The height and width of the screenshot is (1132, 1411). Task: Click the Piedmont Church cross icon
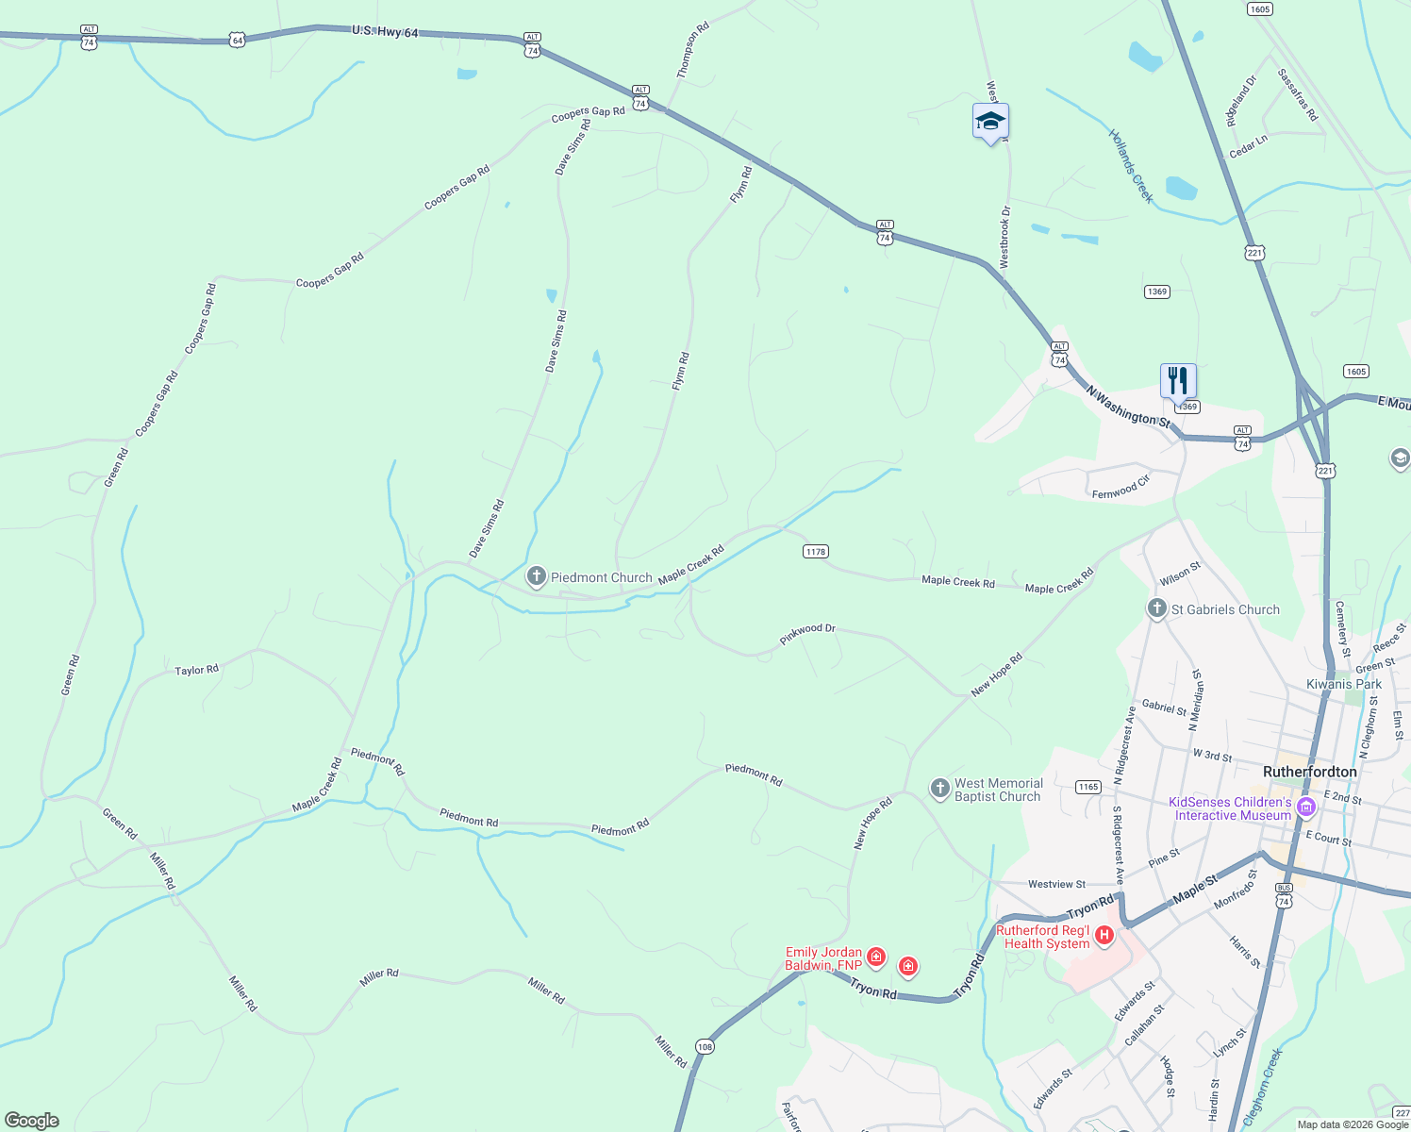pyautogui.click(x=537, y=576)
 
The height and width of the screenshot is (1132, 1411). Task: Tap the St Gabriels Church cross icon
pyautogui.click(x=1157, y=608)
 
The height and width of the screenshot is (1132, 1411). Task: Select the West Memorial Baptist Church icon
pyautogui.click(x=939, y=789)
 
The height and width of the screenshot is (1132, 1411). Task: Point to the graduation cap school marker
pyautogui.click(x=990, y=122)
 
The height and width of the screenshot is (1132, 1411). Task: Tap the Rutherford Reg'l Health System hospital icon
pyautogui.click(x=1104, y=936)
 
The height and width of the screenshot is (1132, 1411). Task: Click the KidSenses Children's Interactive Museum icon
pyautogui.click(x=1306, y=807)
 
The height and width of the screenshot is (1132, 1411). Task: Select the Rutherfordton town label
pyautogui.click(x=1309, y=772)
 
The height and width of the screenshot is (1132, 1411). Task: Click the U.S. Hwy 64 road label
pyautogui.click(x=385, y=32)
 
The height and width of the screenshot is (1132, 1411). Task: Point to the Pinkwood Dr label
pyautogui.click(x=807, y=634)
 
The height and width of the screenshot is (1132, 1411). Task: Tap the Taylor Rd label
pyautogui.click(x=197, y=670)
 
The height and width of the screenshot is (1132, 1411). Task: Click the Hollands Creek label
pyautogui.click(x=1131, y=166)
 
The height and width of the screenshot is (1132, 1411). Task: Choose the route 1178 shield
pyautogui.click(x=816, y=551)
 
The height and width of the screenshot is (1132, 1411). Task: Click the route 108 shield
pyautogui.click(x=705, y=1046)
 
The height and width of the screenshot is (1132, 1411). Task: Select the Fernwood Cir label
pyautogui.click(x=1120, y=488)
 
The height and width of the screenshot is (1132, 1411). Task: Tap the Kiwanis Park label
pyautogui.click(x=1343, y=684)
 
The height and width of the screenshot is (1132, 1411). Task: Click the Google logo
pyautogui.click(x=32, y=1121)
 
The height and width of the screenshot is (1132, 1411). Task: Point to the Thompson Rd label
pyautogui.click(x=692, y=50)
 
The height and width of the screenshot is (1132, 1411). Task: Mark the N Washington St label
pyautogui.click(x=1127, y=406)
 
